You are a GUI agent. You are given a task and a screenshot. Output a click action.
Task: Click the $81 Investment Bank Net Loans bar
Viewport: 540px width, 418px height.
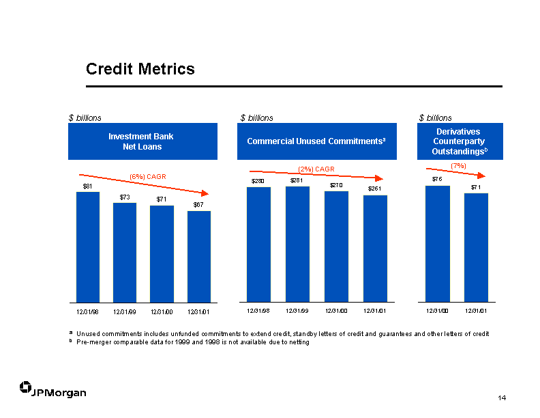click(88, 247)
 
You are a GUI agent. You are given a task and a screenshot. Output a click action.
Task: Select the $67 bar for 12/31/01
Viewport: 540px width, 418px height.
click(199, 257)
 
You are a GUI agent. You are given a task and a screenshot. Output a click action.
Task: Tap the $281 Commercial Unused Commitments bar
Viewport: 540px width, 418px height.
click(297, 245)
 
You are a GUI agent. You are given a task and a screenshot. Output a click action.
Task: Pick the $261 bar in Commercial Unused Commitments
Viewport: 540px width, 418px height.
click(376, 249)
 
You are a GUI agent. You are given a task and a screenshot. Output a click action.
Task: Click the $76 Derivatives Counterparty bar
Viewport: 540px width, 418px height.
click(438, 244)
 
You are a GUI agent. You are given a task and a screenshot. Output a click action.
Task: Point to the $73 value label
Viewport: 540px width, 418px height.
click(125, 197)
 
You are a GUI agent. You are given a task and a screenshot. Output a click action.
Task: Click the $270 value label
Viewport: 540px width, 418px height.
click(336, 185)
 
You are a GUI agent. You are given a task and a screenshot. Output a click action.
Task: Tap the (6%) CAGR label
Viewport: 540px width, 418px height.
click(148, 177)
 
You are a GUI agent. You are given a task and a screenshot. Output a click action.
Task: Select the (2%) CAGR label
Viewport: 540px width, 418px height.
click(316, 169)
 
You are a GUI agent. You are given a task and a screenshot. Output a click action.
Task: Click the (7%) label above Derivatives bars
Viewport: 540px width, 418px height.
click(458, 166)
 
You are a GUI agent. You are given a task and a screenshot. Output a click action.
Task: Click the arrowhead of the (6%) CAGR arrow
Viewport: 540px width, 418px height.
click(205, 193)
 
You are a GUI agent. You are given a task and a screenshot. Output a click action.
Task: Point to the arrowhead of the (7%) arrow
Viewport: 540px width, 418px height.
click(482, 176)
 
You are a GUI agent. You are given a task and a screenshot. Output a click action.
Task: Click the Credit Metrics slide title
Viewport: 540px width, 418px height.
click(140, 68)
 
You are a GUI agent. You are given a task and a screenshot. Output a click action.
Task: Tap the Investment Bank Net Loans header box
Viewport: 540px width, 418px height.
click(142, 141)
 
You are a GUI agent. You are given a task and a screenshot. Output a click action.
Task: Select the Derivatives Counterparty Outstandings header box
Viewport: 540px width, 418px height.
click(460, 141)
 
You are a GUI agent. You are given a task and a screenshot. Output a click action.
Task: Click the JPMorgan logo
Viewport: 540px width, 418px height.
click(52, 389)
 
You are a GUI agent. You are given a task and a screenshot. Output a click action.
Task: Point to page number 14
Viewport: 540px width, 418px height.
click(502, 398)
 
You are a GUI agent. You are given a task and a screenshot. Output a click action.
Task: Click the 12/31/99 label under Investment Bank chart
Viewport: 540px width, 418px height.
click(125, 312)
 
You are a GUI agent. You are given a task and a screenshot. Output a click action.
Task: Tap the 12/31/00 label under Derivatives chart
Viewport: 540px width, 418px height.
click(437, 311)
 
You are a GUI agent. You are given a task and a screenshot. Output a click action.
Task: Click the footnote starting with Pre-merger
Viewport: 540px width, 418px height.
click(192, 342)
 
